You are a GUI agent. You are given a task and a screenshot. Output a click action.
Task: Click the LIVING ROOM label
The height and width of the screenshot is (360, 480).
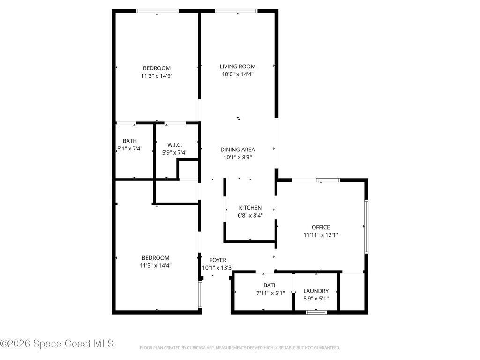click(238, 67)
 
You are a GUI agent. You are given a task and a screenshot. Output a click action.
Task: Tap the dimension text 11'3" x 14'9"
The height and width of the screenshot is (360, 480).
click(157, 75)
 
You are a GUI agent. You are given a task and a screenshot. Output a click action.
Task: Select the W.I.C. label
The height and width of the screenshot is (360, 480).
click(174, 145)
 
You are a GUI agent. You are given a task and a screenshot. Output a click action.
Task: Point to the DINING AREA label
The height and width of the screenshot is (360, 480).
click(238, 150)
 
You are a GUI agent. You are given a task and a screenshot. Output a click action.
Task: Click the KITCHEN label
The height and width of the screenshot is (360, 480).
click(250, 208)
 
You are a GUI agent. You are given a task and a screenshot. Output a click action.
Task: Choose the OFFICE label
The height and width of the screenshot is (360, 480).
click(321, 227)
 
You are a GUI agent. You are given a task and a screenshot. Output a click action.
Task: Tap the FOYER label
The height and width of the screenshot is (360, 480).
click(218, 260)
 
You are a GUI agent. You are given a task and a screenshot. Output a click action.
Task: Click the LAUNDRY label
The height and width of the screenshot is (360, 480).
click(316, 291)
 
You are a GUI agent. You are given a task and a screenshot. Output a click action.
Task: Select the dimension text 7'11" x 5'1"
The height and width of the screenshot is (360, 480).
click(270, 293)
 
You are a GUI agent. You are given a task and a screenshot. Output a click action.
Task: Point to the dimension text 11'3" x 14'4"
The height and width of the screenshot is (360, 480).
click(156, 265)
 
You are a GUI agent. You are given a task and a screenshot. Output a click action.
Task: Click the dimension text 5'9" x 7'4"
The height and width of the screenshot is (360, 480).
click(174, 152)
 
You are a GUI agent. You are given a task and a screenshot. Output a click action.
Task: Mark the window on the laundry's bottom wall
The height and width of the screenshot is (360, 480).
click(316, 312)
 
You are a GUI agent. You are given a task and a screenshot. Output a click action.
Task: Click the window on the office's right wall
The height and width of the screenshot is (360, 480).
click(366, 227)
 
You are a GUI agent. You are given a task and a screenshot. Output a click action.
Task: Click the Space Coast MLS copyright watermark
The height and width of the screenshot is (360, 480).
click(57, 344)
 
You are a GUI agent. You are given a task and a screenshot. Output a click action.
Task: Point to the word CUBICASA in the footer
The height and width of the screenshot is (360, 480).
click(191, 348)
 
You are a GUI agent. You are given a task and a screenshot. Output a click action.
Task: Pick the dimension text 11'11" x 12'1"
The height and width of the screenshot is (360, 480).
click(321, 235)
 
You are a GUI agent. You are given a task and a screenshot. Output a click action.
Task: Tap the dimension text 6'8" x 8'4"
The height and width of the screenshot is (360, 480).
click(250, 216)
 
